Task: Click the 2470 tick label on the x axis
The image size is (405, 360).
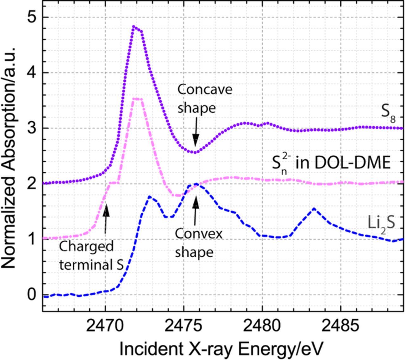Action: (105, 325)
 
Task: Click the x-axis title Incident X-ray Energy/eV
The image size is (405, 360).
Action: (221, 348)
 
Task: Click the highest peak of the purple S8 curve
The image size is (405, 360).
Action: (134, 27)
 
